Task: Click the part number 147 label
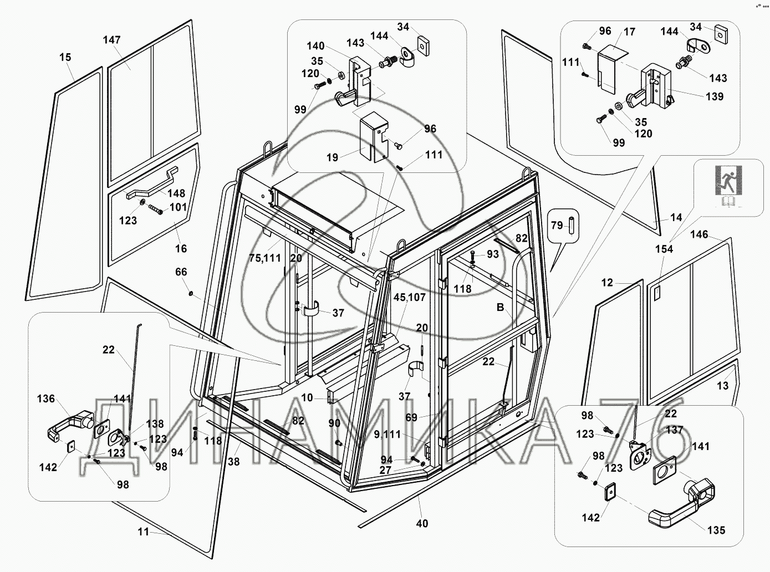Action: [x=111, y=40]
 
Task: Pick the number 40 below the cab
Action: [x=422, y=523]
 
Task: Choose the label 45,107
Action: [x=409, y=298]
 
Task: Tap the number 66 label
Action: [x=181, y=272]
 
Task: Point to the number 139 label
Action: [x=715, y=96]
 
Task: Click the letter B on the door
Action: [x=500, y=308]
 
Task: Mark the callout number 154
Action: [x=664, y=249]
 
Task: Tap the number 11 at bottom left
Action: [x=144, y=532]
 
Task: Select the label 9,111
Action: [x=386, y=435]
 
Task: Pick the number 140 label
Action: [x=315, y=46]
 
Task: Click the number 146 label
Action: [x=699, y=234]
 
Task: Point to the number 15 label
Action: [x=65, y=57]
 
